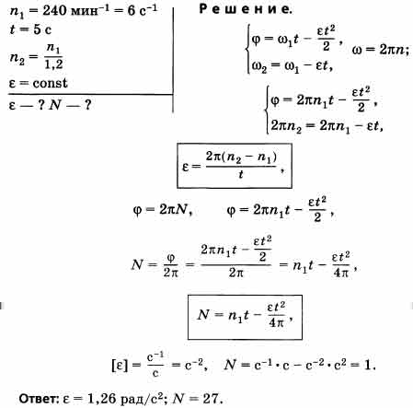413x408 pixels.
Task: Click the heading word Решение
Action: [246, 9]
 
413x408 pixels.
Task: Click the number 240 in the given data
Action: [54, 10]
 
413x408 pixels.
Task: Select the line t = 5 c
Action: [30, 29]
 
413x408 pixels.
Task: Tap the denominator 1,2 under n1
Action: [54, 64]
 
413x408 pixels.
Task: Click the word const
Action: [50, 83]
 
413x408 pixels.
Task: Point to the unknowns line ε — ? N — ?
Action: [50, 105]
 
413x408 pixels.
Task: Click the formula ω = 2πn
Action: [380, 49]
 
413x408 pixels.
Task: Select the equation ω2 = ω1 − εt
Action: [293, 66]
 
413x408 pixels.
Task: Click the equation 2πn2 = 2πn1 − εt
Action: [327, 126]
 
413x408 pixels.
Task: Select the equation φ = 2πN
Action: [163, 210]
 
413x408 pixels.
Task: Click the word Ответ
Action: [39, 399]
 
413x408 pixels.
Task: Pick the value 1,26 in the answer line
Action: [101, 399]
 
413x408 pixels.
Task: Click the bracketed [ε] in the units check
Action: [119, 366]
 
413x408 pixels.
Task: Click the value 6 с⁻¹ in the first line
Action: [143, 10]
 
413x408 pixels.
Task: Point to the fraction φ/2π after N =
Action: [171, 265]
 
